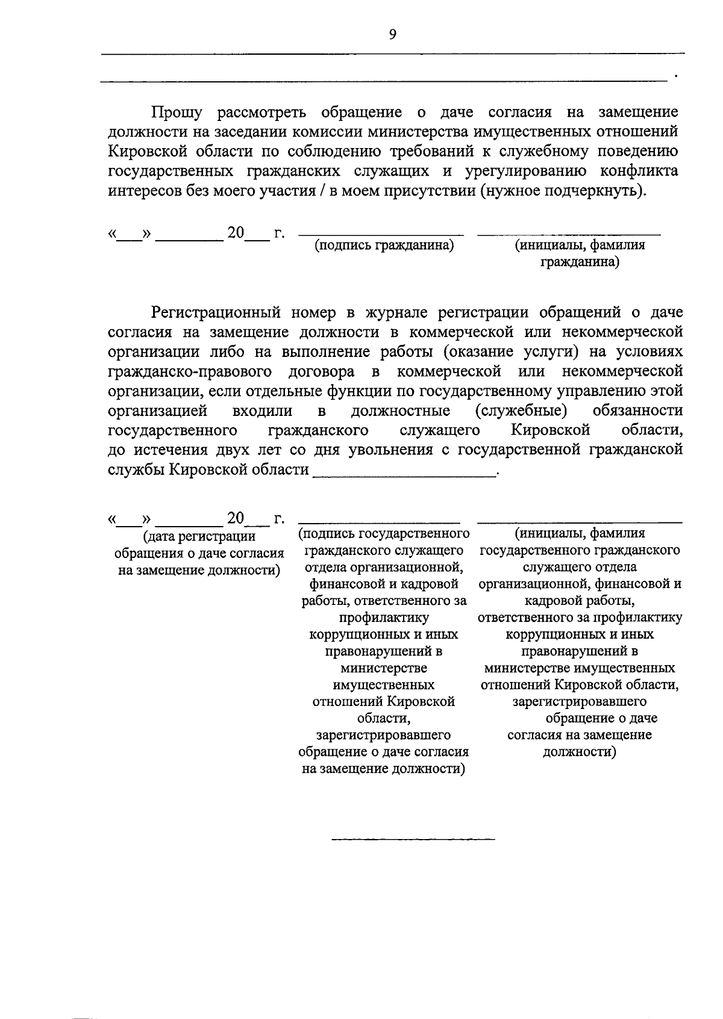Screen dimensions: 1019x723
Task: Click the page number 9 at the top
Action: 393,35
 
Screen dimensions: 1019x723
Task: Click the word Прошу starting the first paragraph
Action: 177,113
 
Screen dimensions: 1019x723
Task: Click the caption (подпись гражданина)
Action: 384,246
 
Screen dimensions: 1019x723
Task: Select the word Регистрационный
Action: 216,312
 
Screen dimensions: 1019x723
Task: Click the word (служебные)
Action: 521,410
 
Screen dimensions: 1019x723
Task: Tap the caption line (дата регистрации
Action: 199,536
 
